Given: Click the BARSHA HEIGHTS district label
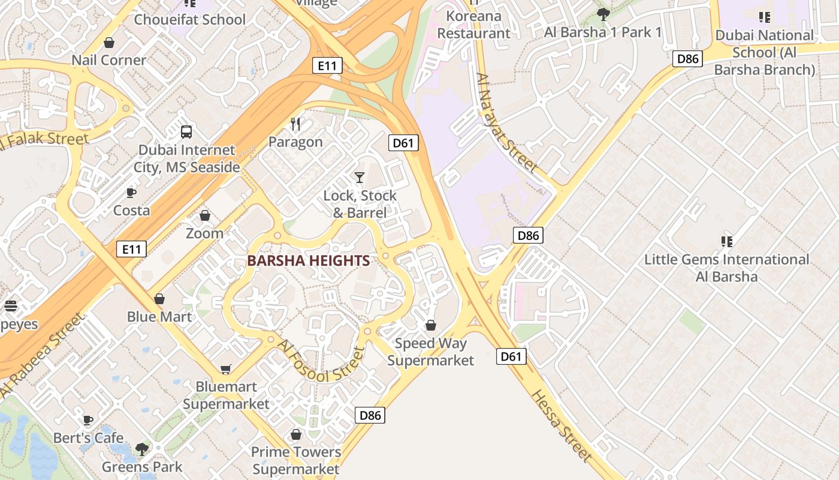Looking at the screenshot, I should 308,260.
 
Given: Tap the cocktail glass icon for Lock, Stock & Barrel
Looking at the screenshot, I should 359,177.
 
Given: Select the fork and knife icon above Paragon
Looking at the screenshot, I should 295,124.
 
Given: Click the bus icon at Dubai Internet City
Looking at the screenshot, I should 186,131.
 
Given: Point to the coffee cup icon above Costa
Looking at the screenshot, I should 131,193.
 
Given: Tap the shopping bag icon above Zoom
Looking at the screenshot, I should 204,215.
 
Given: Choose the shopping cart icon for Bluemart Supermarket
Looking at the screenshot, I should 226,369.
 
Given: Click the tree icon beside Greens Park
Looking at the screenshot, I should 142,449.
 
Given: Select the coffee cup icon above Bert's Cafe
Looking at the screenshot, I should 88,420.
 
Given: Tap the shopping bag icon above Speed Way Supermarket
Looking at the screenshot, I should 430,325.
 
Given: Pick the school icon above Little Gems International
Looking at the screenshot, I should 727,241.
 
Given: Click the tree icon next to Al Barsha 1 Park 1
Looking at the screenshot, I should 603,14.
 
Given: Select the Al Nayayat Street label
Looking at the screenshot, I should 506,122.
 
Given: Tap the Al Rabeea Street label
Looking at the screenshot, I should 41,355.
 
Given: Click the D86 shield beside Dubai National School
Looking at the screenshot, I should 687,58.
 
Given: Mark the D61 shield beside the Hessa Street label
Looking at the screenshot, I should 511,356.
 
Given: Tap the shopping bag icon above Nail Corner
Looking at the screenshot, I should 109,43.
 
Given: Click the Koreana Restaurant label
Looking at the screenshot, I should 473,25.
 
